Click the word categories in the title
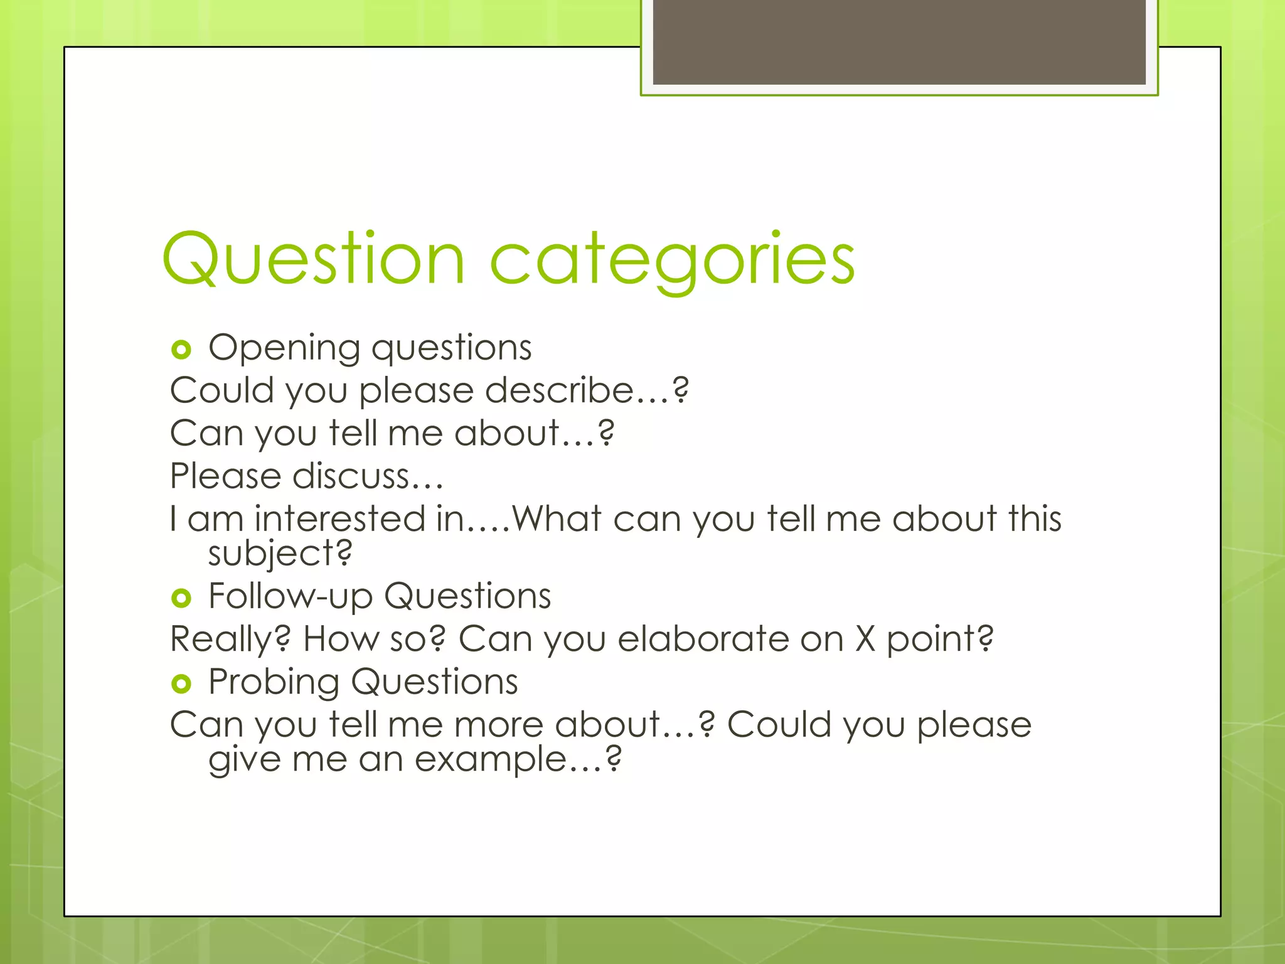671,259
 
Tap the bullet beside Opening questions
181,350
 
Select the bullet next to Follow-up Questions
181,597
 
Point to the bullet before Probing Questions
181,683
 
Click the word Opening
284,348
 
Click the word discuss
351,476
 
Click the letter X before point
865,639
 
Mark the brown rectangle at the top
898,41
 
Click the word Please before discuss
226,476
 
